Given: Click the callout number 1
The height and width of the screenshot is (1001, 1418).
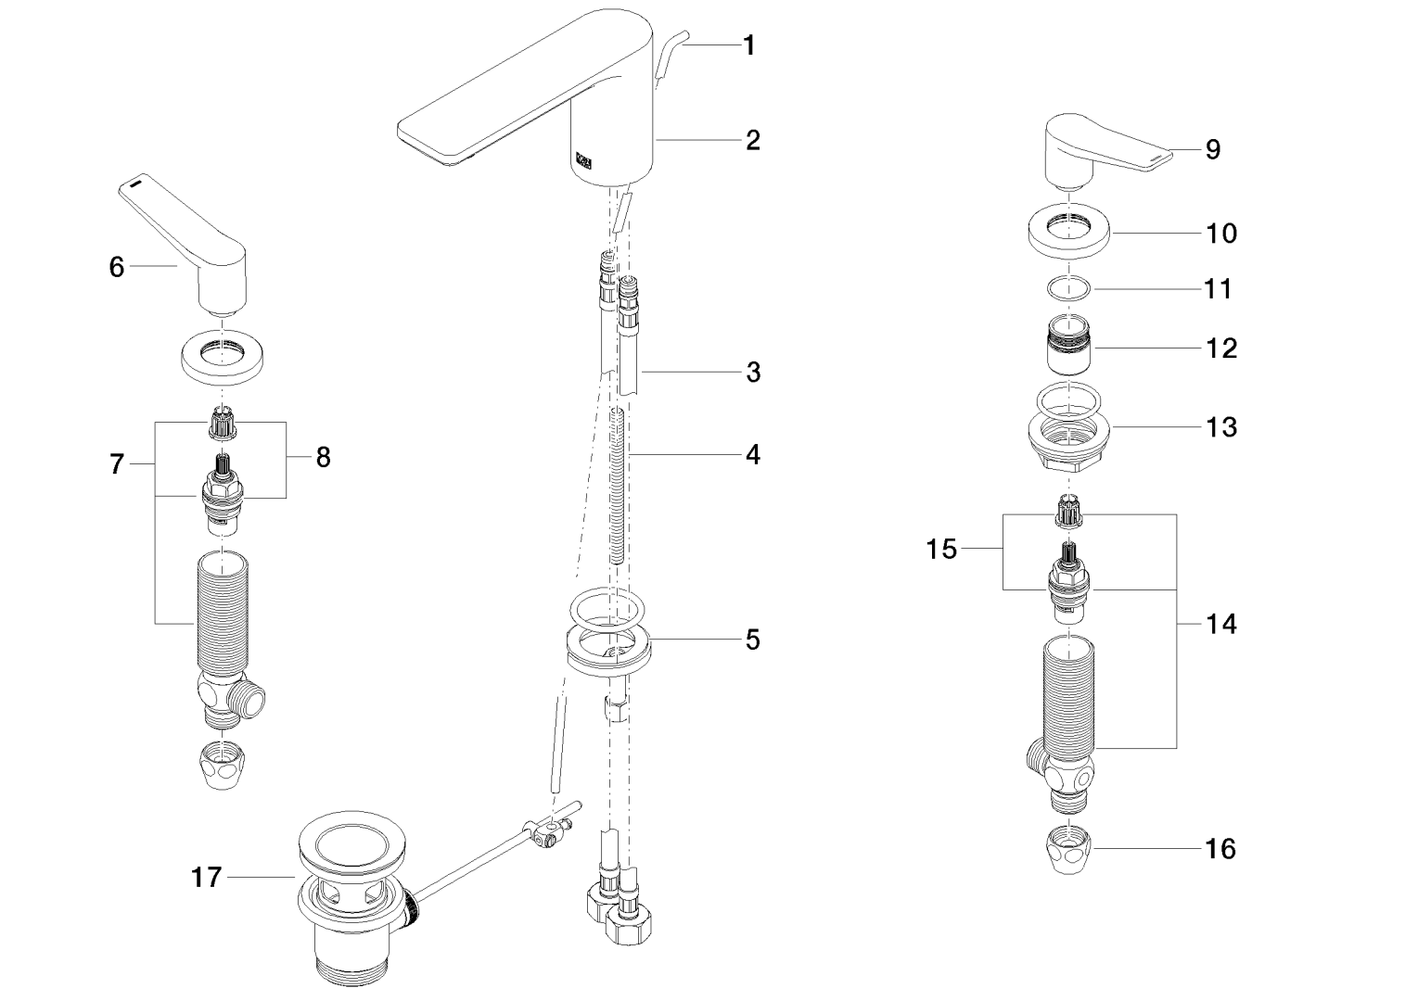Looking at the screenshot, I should (749, 45).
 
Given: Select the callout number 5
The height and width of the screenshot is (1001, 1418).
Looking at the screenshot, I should (753, 640).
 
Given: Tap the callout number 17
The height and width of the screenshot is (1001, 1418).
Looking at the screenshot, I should (207, 877).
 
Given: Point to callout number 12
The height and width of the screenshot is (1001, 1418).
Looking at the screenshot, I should (1222, 348).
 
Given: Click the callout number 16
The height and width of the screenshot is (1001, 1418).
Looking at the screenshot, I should (1222, 848).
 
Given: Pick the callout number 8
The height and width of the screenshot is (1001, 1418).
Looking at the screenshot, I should (323, 457).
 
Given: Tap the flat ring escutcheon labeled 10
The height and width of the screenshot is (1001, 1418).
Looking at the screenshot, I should (1070, 228).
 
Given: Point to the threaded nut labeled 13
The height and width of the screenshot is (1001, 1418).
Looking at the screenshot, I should (1070, 441).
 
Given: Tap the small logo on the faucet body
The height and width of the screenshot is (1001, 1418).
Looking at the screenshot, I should (585, 161).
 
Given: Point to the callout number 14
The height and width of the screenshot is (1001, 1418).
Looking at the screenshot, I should (1221, 625).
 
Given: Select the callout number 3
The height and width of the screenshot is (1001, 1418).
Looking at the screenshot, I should (753, 373).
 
